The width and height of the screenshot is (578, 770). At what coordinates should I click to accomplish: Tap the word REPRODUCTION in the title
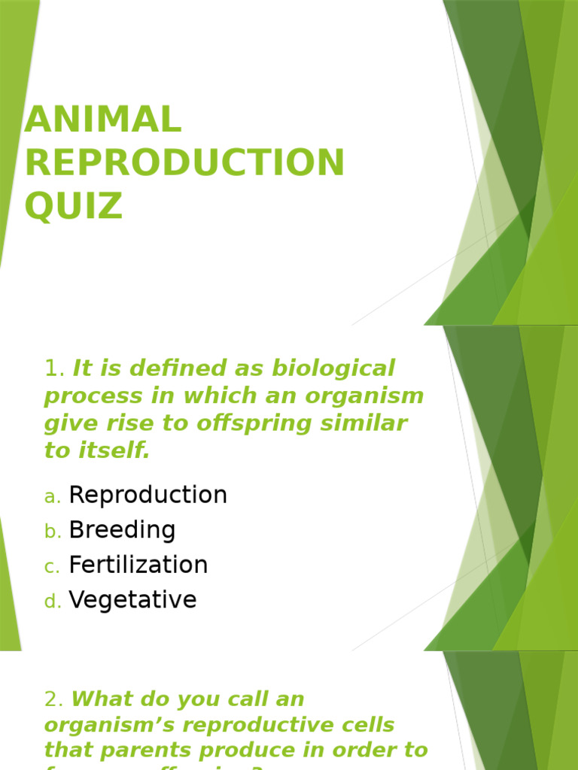point(184,163)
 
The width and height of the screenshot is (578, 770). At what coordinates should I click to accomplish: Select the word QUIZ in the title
point(73,206)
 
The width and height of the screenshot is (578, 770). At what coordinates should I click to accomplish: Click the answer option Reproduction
point(148,495)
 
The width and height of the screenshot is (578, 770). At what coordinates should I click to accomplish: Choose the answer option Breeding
point(122,530)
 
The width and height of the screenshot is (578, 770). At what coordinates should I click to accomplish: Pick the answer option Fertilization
point(138,565)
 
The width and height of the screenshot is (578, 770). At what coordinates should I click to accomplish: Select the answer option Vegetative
point(132,600)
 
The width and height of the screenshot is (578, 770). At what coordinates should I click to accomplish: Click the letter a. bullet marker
point(52,497)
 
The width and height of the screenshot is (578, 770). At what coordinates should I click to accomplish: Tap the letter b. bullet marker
point(52,532)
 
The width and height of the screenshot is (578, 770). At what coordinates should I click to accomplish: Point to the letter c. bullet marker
point(52,567)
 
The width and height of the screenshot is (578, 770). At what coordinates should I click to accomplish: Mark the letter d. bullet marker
point(52,602)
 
